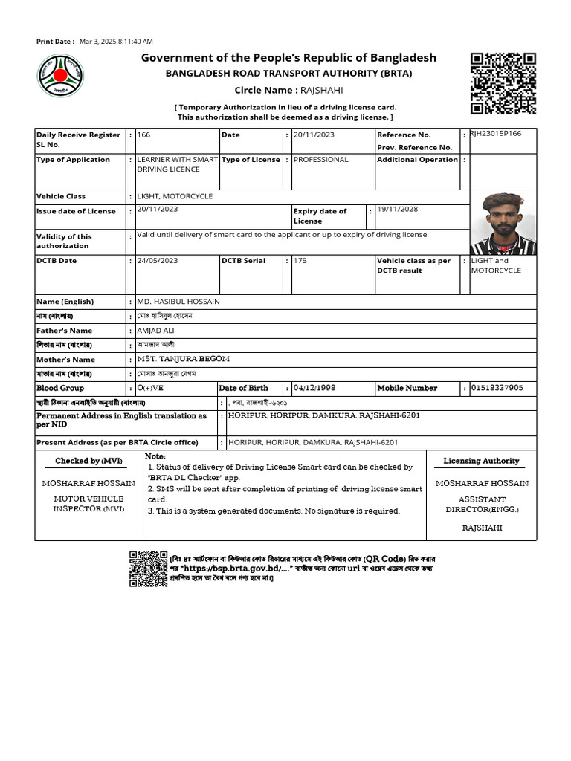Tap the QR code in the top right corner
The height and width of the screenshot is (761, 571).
(x=503, y=83)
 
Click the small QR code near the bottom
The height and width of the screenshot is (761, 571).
(x=148, y=569)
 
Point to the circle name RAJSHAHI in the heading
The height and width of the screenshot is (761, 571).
(x=321, y=90)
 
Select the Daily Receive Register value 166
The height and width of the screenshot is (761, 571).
(x=144, y=135)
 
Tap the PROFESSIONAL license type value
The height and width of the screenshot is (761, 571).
(x=320, y=159)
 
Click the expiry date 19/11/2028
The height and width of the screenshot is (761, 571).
(x=398, y=210)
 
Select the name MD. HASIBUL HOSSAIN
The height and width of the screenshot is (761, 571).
(x=178, y=302)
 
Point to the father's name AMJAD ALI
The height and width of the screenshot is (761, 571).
(x=158, y=331)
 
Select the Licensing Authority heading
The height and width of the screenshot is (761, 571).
(x=481, y=461)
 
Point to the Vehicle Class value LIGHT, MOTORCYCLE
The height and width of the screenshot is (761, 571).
(x=175, y=196)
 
